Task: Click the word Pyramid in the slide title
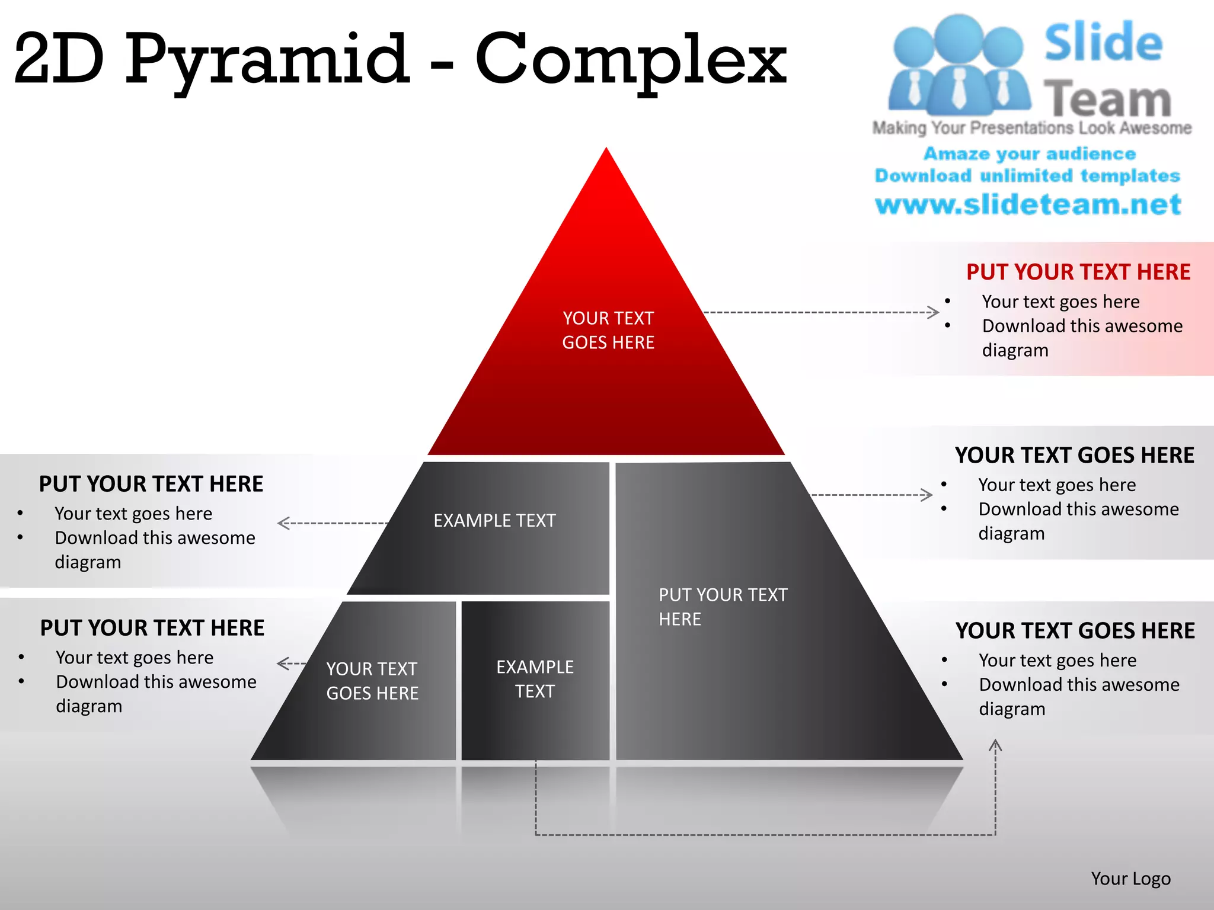(267, 59)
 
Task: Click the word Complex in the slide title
(631, 59)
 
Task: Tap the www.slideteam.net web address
(1028, 204)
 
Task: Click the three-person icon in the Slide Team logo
(959, 65)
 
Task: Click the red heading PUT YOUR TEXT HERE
(1078, 272)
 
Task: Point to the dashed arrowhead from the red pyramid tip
(934, 312)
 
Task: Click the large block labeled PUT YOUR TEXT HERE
(723, 607)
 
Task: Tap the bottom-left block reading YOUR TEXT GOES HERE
(372, 681)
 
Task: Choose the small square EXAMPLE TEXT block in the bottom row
(535, 679)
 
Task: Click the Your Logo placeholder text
(1130, 879)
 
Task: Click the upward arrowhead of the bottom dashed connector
(995, 745)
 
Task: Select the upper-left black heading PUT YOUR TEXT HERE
(151, 484)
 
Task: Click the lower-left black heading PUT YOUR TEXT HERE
(152, 628)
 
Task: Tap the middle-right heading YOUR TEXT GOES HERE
(1075, 455)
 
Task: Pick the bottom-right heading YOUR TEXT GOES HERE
(1075, 630)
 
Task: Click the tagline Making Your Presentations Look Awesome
(1031, 128)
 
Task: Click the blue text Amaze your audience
(1030, 154)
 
